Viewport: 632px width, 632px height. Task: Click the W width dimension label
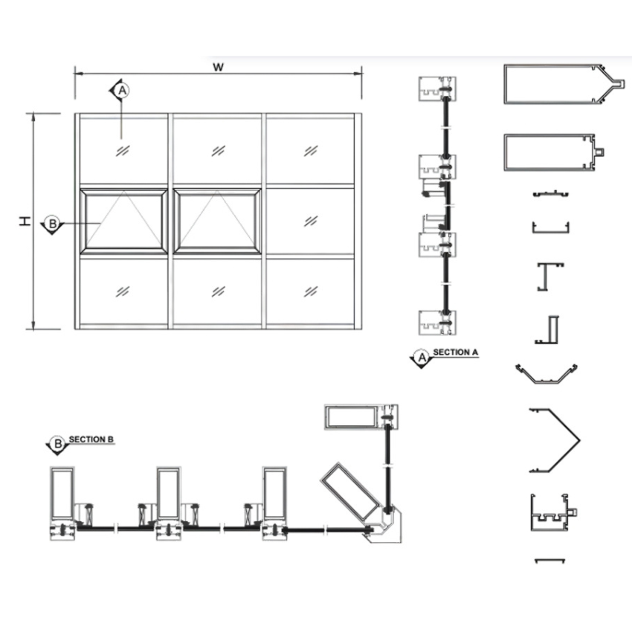(x=218, y=67)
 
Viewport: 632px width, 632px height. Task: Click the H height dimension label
(x=25, y=221)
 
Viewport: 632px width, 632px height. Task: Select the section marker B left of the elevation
(x=52, y=224)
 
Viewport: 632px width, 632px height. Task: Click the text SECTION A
(x=456, y=352)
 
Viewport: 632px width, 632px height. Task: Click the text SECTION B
(x=91, y=439)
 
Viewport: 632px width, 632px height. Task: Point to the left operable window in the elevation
(x=124, y=222)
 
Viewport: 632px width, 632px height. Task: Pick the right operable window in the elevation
(x=217, y=222)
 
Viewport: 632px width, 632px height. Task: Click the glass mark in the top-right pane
(x=310, y=151)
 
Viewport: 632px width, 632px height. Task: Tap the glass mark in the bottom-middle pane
(x=218, y=291)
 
